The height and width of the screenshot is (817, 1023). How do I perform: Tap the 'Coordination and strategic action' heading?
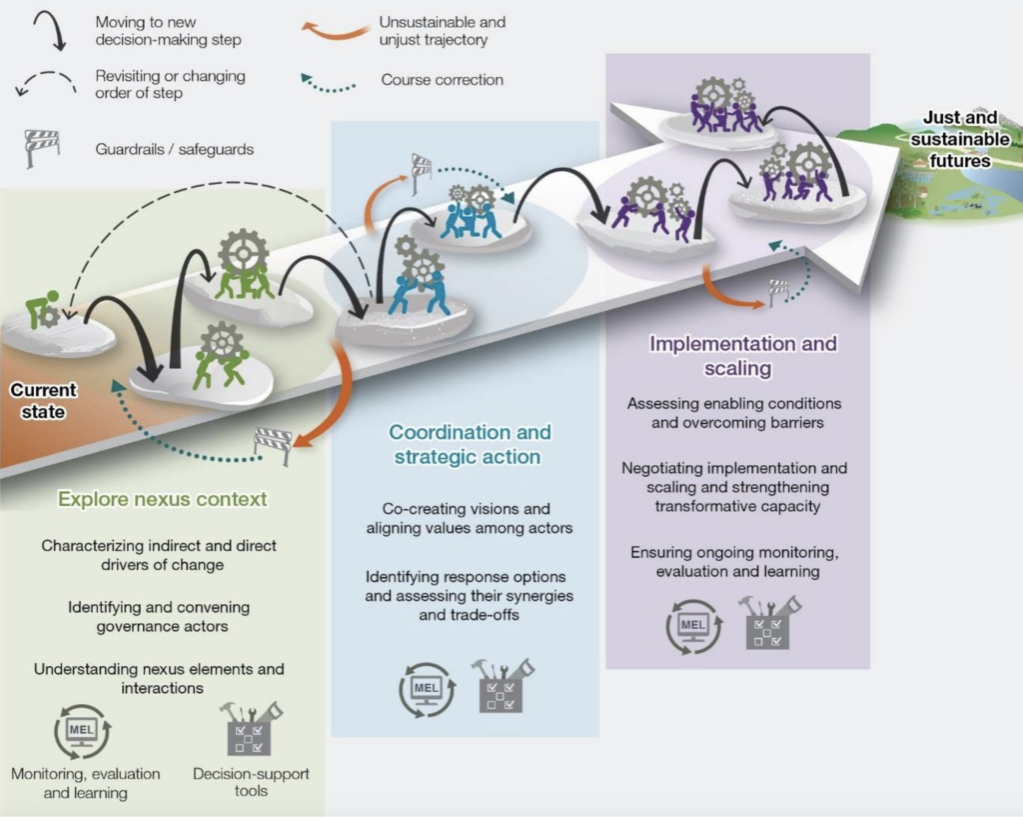470,444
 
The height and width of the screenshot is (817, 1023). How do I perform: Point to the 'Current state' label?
43,400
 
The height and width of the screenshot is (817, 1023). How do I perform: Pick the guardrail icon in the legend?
42,148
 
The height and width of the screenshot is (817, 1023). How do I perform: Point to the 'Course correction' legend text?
442,80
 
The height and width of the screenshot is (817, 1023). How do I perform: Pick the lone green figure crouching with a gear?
43,309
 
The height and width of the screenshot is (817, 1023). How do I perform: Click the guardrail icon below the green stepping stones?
273,442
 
